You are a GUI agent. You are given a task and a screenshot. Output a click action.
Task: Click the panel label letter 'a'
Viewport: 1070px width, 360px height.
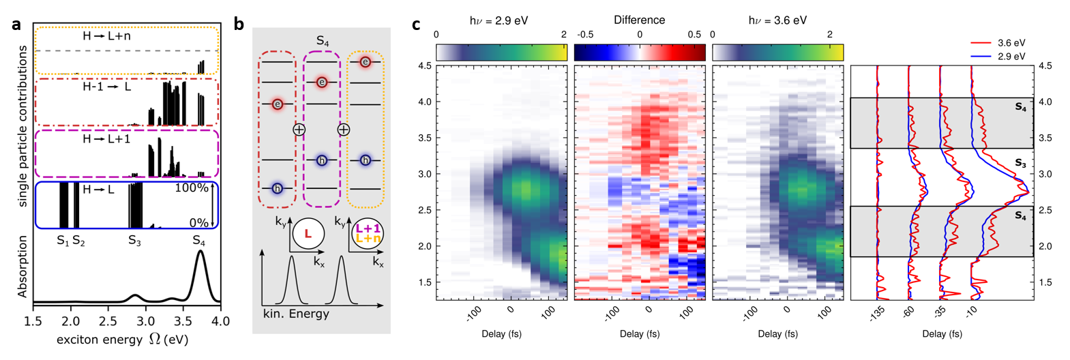click(16, 25)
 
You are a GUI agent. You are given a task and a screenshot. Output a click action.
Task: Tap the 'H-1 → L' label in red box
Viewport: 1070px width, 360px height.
click(106, 87)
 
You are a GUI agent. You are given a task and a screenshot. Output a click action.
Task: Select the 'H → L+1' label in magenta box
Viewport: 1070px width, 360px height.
click(106, 138)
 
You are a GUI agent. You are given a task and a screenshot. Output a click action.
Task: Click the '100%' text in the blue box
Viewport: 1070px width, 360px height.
click(192, 188)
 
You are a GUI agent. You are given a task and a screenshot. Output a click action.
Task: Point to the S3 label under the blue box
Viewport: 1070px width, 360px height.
click(134, 241)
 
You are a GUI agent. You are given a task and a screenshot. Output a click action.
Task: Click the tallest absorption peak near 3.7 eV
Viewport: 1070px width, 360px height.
click(200, 252)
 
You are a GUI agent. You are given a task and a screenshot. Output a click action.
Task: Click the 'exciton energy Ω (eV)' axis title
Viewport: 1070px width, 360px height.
click(122, 339)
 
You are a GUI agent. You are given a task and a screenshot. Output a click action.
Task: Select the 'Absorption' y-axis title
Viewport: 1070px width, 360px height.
click(23, 267)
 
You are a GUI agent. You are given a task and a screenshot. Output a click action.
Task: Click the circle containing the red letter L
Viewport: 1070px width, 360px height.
click(308, 234)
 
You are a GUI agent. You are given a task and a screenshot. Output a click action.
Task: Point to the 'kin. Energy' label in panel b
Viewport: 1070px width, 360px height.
click(296, 314)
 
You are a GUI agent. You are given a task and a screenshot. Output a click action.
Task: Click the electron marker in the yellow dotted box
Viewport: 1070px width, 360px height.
click(366, 62)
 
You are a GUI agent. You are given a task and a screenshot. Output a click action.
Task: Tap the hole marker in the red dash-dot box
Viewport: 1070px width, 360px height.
click(277, 188)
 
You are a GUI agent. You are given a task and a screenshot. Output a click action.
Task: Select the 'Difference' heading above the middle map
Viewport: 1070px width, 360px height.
click(639, 20)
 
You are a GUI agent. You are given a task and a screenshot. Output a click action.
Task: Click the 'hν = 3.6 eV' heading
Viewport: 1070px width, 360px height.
click(777, 20)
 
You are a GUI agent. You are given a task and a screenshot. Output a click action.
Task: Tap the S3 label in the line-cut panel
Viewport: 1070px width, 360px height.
click(1020, 163)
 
